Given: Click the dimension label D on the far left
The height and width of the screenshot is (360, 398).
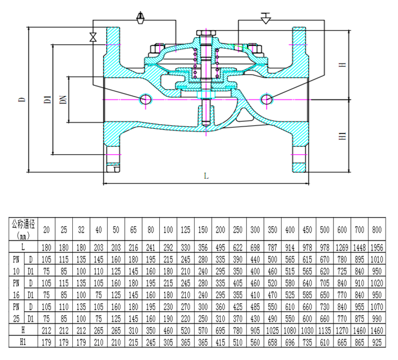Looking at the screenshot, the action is tap(22, 99).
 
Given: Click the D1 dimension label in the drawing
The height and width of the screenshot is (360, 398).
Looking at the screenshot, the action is tap(48, 99).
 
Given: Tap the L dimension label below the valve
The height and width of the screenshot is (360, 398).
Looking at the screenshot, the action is tap(206, 176).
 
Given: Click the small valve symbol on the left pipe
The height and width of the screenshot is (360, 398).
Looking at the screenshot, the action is tap(93, 37).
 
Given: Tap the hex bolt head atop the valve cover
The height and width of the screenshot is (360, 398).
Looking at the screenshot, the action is tap(206, 33).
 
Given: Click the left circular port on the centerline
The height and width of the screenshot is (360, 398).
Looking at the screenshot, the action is tap(146, 99).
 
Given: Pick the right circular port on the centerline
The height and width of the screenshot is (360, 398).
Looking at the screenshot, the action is tap(266, 99).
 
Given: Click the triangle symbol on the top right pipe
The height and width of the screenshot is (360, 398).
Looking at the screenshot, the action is tap(266, 18).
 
